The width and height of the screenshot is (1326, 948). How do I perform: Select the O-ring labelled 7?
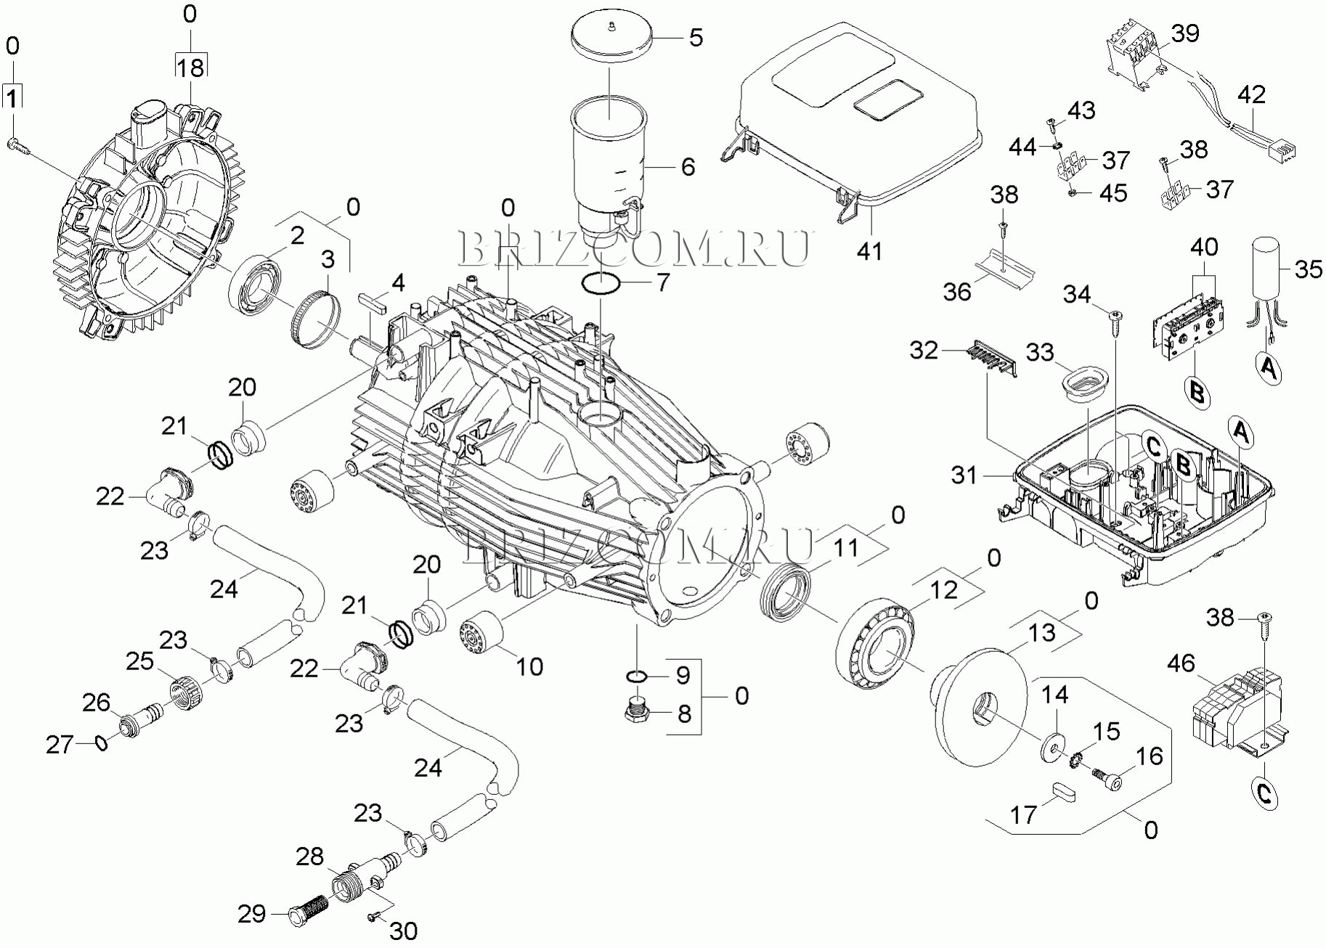(601, 283)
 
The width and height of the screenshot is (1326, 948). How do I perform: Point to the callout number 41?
(869, 251)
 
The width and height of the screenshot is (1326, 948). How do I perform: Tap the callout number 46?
(1181, 663)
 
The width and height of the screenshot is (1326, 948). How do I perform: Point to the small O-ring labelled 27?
(101, 743)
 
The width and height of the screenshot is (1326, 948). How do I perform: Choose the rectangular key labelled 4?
(370, 301)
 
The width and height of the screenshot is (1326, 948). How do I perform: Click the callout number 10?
(529, 666)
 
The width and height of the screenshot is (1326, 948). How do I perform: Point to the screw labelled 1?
(19, 146)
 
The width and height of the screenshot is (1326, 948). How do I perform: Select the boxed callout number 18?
(190, 68)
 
